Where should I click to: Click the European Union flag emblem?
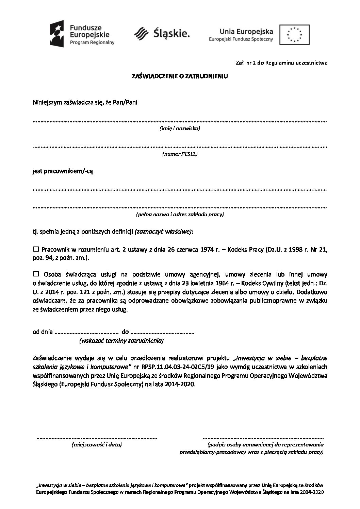coord(294,34)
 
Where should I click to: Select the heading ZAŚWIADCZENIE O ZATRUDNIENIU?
coord(180,77)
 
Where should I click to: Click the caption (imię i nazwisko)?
coord(180,129)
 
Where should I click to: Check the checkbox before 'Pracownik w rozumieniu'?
coord(36,250)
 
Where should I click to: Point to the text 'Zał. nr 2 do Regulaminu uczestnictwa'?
coord(281,63)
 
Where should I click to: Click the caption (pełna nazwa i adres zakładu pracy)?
coord(180,215)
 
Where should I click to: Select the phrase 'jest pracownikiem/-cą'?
coord(63,171)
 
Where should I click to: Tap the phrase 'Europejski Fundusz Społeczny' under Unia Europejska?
coord(241,39)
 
